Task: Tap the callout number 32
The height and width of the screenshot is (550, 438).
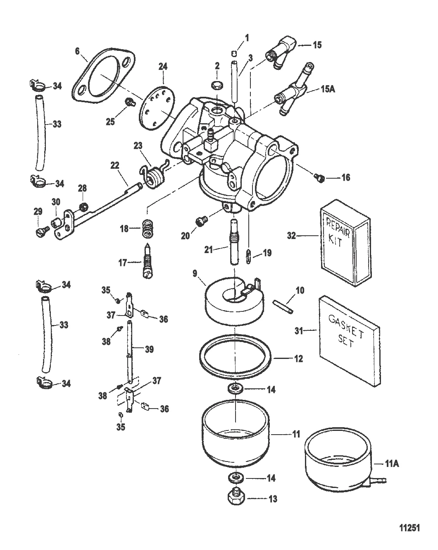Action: (x=292, y=236)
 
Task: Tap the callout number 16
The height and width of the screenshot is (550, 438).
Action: (x=345, y=178)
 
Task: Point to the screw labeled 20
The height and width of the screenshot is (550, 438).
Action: (x=201, y=222)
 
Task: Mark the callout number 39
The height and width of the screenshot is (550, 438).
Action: (x=149, y=349)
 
